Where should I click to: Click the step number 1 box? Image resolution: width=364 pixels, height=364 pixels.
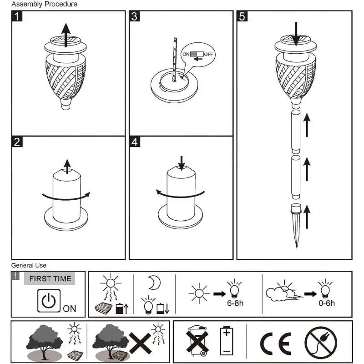[17, 17]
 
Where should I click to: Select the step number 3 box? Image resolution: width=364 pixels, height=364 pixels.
[135, 17]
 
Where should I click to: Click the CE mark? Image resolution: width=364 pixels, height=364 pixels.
[275, 343]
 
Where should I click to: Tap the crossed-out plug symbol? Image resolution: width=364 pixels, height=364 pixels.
[321, 343]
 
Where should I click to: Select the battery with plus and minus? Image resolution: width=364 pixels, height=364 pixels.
[226, 341]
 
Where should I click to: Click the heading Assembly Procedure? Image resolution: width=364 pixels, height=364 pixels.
[44, 4]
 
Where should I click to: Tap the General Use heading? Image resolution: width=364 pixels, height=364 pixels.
[29, 265]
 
